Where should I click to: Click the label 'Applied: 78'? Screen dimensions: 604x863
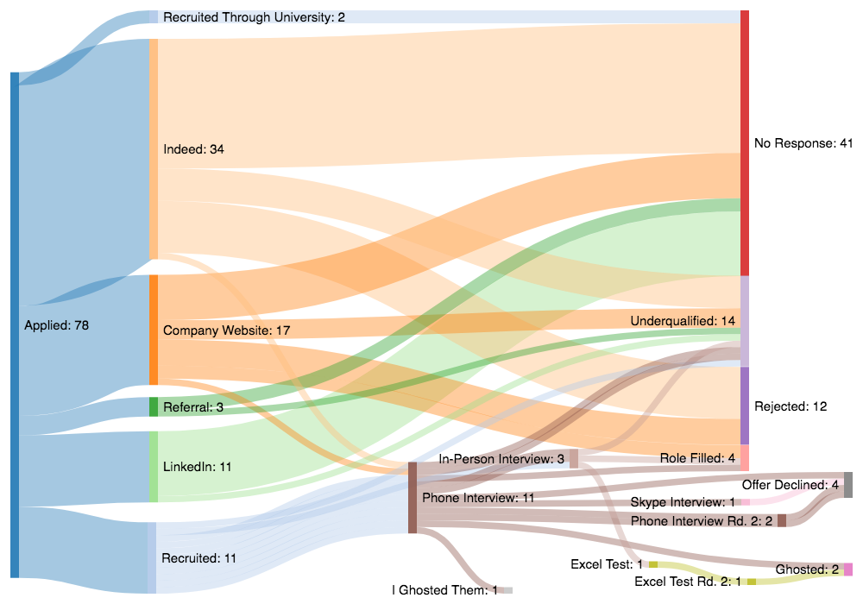57,325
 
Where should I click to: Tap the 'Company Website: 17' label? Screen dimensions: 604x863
226,330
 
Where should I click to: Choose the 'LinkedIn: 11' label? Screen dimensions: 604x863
198,467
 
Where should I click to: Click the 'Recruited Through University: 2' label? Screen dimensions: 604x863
254,17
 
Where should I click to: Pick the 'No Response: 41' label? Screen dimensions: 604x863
803,142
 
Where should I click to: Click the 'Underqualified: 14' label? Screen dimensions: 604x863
683,321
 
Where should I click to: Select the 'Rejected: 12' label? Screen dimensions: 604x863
789,406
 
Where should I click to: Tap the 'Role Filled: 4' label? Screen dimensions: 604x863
697,458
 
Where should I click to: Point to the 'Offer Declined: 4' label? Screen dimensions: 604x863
790,485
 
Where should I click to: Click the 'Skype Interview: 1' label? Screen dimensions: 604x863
683,502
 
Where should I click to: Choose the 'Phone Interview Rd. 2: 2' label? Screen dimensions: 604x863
702,521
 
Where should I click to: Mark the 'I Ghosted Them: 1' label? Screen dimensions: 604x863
444,590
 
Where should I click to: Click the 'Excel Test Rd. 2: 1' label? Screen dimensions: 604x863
688,582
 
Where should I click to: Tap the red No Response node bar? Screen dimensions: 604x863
745,142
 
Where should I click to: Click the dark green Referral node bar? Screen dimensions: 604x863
154,406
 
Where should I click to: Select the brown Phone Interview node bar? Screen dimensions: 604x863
413,498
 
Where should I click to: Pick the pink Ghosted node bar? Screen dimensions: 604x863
848,569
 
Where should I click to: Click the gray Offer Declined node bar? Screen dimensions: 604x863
848,485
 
